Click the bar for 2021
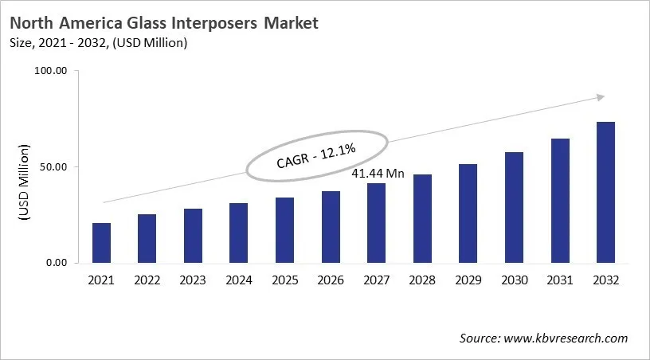[101, 243]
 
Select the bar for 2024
[238, 233]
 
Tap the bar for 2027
[376, 223]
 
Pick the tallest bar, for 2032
[605, 192]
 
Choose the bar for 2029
[468, 213]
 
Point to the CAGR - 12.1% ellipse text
[316, 154]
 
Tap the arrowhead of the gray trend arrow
[600, 97]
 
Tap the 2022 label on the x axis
[147, 280]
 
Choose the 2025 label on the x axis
[284, 280]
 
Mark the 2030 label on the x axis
[513, 280]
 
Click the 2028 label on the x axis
[421, 280]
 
